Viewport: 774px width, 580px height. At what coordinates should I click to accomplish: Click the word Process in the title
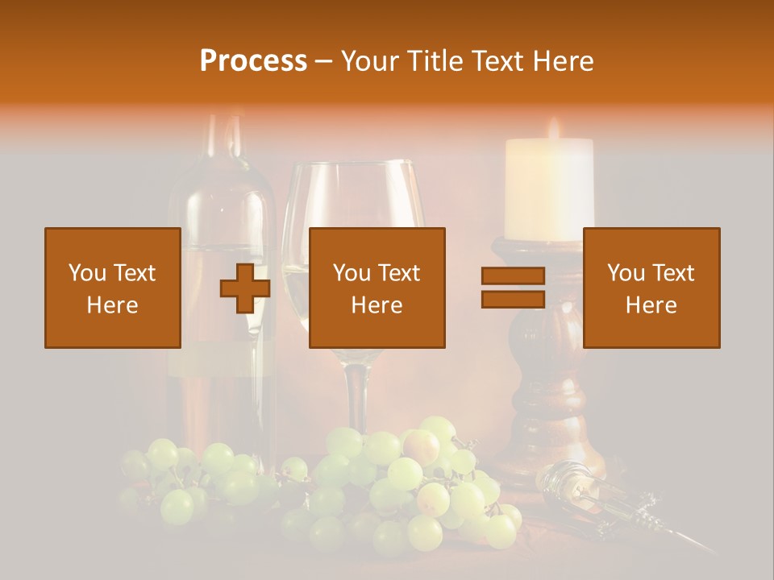coord(253,61)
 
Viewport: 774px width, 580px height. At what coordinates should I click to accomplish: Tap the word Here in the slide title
coord(561,61)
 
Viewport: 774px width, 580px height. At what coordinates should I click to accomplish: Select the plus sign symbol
coord(245,288)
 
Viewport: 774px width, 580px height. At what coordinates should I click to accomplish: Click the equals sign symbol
coord(513,288)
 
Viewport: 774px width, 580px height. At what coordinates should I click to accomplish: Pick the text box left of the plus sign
coord(113,288)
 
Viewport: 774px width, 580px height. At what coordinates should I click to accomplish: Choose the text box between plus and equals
coord(377,288)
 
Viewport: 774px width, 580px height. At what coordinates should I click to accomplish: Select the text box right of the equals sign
coord(651,288)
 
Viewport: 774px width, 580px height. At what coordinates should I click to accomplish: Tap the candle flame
coord(553,129)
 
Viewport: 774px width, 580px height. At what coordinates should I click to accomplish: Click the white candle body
coord(548,189)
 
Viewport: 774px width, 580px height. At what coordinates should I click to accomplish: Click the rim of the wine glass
coord(352,166)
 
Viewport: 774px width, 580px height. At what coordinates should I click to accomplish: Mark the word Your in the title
coord(365,61)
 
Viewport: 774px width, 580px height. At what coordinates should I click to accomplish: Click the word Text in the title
coord(496,61)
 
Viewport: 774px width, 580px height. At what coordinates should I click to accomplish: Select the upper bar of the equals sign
coord(513,276)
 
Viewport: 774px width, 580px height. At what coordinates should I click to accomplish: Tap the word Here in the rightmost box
coord(651,305)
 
